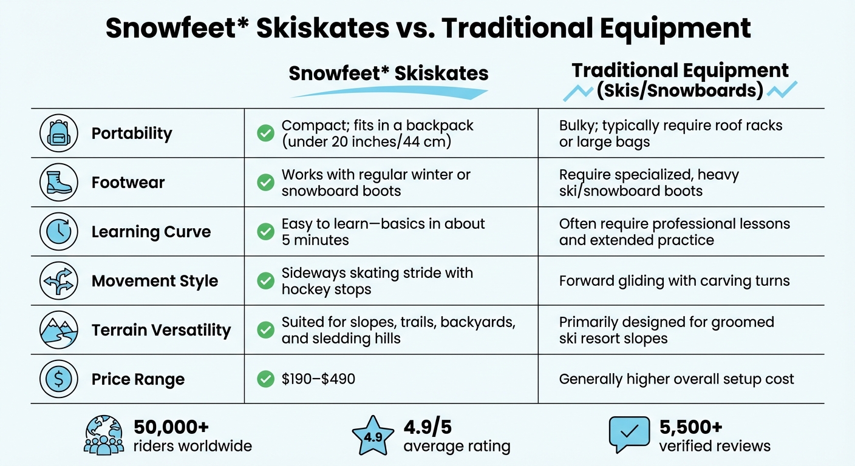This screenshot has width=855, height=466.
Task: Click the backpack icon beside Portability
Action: click(x=58, y=133)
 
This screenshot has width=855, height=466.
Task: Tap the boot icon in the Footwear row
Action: click(x=58, y=182)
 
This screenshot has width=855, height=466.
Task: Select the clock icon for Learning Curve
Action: click(x=58, y=231)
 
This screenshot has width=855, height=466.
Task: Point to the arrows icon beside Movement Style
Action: click(x=58, y=281)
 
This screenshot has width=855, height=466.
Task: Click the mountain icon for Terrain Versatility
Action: click(x=58, y=330)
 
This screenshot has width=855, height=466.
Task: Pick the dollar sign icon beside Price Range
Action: click(x=58, y=379)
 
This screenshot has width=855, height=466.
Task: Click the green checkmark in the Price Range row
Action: click(x=265, y=379)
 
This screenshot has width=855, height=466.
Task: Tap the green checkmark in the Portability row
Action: click(x=265, y=133)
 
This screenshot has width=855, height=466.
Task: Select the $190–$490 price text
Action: click(x=318, y=379)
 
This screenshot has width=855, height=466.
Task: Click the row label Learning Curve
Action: click(x=151, y=232)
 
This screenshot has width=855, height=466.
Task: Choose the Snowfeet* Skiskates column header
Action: click(x=389, y=73)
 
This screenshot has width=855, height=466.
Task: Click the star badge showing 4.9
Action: click(x=373, y=436)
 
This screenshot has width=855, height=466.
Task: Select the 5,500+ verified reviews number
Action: click(x=691, y=427)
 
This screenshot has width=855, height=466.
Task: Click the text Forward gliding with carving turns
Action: click(x=674, y=281)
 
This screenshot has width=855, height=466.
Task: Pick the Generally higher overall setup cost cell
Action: click(x=676, y=379)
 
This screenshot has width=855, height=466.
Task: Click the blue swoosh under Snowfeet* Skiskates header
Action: click(x=389, y=93)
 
